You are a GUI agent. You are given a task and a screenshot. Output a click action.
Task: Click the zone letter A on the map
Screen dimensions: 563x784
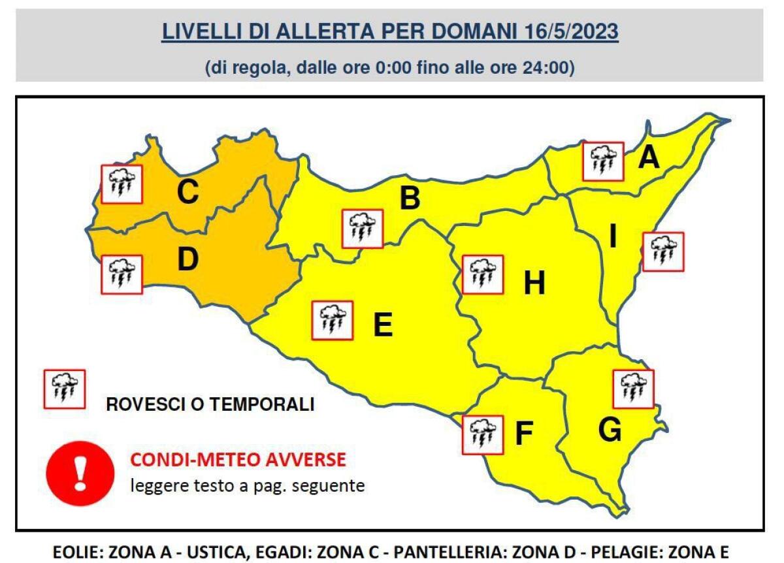649,157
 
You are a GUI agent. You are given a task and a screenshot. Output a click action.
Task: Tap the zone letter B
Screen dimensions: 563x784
410,199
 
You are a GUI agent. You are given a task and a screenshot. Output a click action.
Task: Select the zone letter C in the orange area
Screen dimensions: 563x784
188,192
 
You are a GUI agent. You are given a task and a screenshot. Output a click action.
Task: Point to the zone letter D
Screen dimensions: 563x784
188,260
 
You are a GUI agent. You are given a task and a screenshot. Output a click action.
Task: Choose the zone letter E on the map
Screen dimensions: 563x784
382,325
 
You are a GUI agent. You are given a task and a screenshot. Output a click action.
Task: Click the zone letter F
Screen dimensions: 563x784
524,434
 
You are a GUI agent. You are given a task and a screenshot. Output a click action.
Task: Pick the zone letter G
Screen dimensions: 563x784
610,430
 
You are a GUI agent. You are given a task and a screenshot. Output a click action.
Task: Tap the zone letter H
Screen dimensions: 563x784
534,283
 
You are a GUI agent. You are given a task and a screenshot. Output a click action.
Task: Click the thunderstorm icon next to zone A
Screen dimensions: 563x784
604,161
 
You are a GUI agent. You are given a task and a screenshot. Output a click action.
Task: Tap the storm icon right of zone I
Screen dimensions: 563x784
663,251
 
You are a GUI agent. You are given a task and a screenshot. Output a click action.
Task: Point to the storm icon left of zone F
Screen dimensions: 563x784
483,435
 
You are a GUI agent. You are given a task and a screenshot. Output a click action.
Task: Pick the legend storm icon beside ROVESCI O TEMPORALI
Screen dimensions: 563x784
63,389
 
